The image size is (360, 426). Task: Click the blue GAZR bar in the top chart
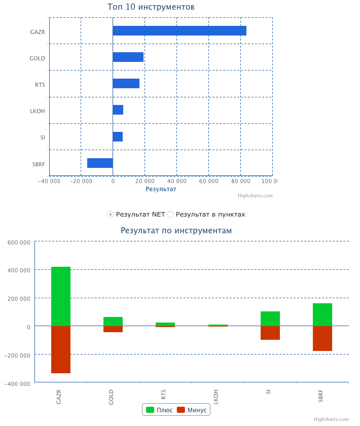tap(179, 31)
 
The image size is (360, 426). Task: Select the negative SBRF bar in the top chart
tap(100, 163)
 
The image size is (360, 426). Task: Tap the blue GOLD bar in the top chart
tap(128, 57)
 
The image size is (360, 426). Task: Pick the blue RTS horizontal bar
tap(126, 84)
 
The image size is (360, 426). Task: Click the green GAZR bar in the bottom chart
tap(61, 296)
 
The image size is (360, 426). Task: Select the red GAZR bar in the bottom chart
tap(61, 349)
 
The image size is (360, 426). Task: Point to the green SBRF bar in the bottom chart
tap(322, 314)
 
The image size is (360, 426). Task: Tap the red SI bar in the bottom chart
tap(270, 333)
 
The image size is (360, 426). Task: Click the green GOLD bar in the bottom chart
tap(113, 322)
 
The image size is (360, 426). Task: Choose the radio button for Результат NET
tap(111, 215)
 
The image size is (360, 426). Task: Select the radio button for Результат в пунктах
tap(171, 215)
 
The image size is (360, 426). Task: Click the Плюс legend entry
tap(159, 410)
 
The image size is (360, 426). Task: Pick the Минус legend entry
tap(192, 410)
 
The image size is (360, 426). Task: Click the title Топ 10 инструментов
tap(151, 7)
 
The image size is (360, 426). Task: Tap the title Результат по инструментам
tap(176, 230)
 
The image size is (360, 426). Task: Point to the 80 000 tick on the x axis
tap(240, 181)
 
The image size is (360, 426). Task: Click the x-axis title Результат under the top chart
tap(161, 189)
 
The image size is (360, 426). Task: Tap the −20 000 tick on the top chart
tap(81, 181)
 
